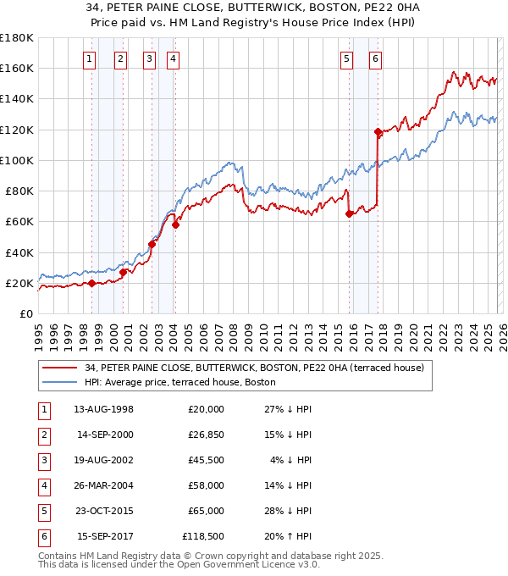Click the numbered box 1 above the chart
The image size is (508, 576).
click(x=91, y=59)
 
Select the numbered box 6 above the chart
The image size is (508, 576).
click(x=375, y=59)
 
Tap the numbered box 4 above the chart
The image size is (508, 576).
click(x=173, y=59)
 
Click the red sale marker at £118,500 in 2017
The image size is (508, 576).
click(x=378, y=131)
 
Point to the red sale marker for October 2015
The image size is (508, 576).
click(x=349, y=214)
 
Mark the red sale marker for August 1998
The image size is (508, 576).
click(x=91, y=283)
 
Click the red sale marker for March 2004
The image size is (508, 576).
click(x=175, y=224)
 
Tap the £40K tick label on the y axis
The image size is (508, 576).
click(x=19, y=252)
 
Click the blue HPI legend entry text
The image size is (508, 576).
click(x=180, y=382)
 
